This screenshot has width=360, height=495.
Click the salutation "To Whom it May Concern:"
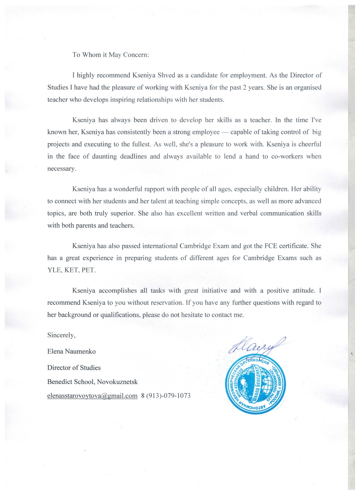pos(111,55)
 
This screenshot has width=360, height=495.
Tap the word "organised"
pos(308,88)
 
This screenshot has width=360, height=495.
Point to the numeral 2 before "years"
pos(244,88)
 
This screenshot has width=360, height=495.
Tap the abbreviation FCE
pos(271,246)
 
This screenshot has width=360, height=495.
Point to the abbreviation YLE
pos(54,270)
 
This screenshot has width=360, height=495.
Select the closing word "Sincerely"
pos(61,336)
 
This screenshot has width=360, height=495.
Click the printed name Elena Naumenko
pos(71,352)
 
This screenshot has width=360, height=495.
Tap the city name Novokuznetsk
pos(117,382)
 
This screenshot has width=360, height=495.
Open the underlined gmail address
pos(92,396)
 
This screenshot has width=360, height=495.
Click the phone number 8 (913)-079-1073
pos(166,396)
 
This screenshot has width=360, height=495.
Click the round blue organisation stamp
pos(255,386)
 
